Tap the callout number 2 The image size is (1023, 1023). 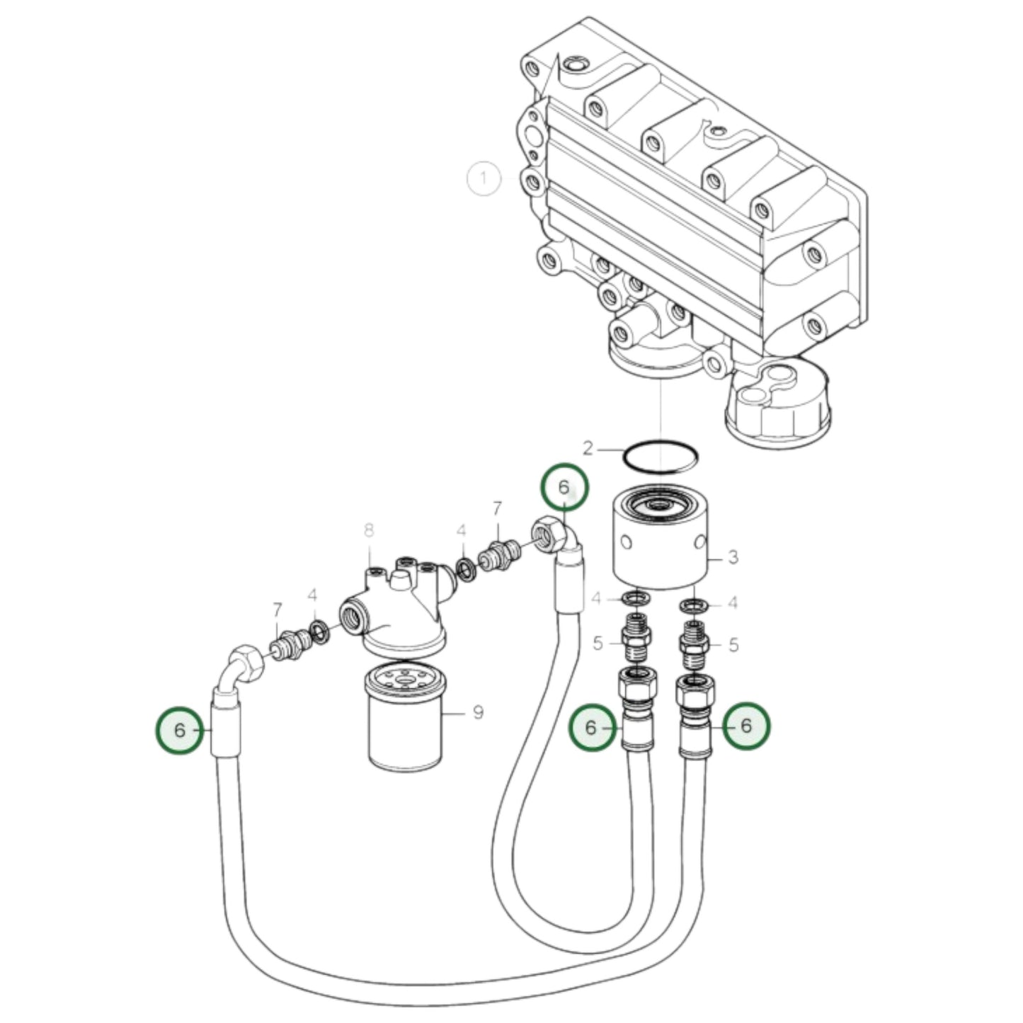point(588,447)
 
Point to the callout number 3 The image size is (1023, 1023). point(733,557)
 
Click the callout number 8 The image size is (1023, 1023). point(368,530)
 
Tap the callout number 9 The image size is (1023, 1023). point(478,711)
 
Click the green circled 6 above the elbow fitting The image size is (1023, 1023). point(564,487)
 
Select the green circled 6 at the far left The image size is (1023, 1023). point(179,730)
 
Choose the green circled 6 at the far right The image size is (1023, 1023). point(745,726)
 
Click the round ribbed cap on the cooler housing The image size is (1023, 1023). point(777,406)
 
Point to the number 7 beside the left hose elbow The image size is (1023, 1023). point(277,610)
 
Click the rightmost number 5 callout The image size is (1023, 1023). point(733,645)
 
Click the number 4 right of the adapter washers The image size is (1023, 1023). point(733,603)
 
